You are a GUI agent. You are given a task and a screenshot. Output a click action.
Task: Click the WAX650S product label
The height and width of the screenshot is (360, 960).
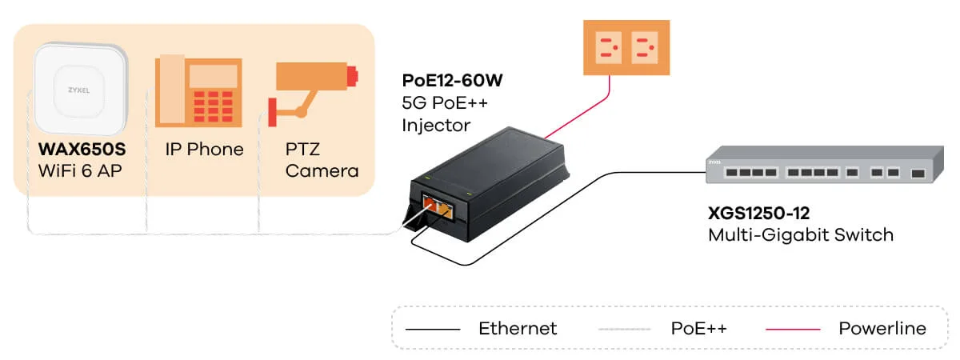(82, 149)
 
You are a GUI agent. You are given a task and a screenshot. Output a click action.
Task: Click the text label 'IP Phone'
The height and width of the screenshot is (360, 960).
(204, 150)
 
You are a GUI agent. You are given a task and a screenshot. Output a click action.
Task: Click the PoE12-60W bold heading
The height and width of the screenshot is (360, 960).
(453, 82)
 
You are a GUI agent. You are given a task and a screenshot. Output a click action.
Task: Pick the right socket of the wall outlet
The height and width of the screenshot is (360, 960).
(644, 48)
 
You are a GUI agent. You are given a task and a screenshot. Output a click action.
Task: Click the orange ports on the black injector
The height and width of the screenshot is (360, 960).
(439, 209)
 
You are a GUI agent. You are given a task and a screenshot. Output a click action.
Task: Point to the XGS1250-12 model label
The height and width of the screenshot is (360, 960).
(761, 214)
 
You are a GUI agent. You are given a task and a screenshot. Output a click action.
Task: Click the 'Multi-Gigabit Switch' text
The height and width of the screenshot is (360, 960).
(800, 235)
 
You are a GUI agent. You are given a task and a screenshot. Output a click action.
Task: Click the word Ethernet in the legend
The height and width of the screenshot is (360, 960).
(518, 328)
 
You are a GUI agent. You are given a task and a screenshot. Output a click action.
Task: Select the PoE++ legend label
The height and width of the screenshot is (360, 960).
(698, 328)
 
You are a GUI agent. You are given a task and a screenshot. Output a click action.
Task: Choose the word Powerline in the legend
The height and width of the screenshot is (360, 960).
(882, 328)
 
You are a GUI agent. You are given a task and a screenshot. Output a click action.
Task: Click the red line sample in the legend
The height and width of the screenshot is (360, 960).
(794, 329)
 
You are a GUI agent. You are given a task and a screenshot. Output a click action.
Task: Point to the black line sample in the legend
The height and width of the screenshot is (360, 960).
(433, 329)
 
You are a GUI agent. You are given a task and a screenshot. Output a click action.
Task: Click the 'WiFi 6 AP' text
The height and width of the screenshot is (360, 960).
(80, 170)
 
